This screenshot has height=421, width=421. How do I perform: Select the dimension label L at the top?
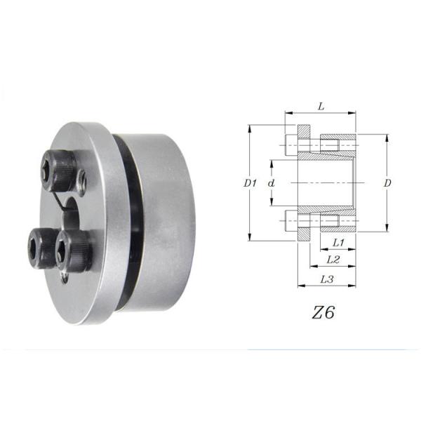pyautogui.click(x=321, y=107)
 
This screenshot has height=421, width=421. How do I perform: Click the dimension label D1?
pyautogui.click(x=250, y=183)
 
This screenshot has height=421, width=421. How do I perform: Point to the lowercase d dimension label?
pyautogui.click(x=272, y=183)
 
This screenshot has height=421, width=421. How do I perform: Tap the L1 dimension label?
pyautogui.click(x=338, y=242)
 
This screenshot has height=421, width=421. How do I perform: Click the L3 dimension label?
pyautogui.click(x=327, y=279)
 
